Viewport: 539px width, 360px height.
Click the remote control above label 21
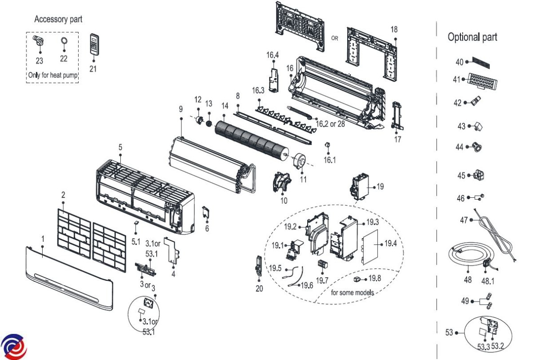coord(94,44)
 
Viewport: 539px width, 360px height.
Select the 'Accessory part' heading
coord(58,19)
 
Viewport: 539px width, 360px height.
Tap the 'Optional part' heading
coord(473,37)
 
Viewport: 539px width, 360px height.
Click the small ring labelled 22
coord(64,41)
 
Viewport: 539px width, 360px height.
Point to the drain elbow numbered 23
coord(39,40)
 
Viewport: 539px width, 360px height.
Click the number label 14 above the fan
coord(225,106)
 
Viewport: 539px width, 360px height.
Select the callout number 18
coord(394,29)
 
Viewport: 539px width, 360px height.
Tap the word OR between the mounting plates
coord(335,38)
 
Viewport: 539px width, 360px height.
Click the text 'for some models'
coord(352,293)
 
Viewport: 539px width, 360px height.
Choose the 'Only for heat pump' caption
coord(53,75)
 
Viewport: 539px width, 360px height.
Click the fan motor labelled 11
coord(299,160)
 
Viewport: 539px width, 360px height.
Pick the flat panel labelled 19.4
coord(370,247)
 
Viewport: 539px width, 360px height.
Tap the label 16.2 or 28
coord(330,124)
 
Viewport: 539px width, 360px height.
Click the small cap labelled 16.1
coord(327,145)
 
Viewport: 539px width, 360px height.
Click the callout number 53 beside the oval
coord(449,333)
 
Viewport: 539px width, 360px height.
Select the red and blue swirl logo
coord(14,347)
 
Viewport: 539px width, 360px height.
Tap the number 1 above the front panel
coord(43,239)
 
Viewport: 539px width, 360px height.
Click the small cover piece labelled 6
coord(206,213)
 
